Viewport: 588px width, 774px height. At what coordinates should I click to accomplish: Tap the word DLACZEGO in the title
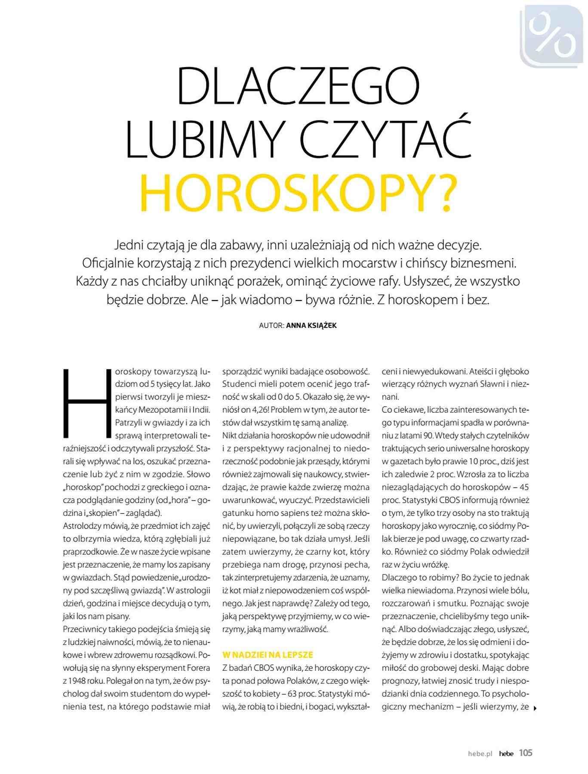(x=298, y=85)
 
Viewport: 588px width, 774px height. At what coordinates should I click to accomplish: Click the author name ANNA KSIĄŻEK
(x=311, y=326)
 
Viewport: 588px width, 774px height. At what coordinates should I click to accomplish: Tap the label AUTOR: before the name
(x=271, y=326)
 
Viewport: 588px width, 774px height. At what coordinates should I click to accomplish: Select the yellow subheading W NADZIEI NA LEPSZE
(x=268, y=655)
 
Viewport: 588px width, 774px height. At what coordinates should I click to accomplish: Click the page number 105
(x=525, y=752)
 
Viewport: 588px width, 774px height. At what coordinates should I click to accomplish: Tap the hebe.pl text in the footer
(x=480, y=753)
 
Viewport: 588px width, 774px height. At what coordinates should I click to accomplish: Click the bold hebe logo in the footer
(x=506, y=753)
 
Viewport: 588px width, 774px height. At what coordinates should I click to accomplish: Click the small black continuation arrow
(x=535, y=708)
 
